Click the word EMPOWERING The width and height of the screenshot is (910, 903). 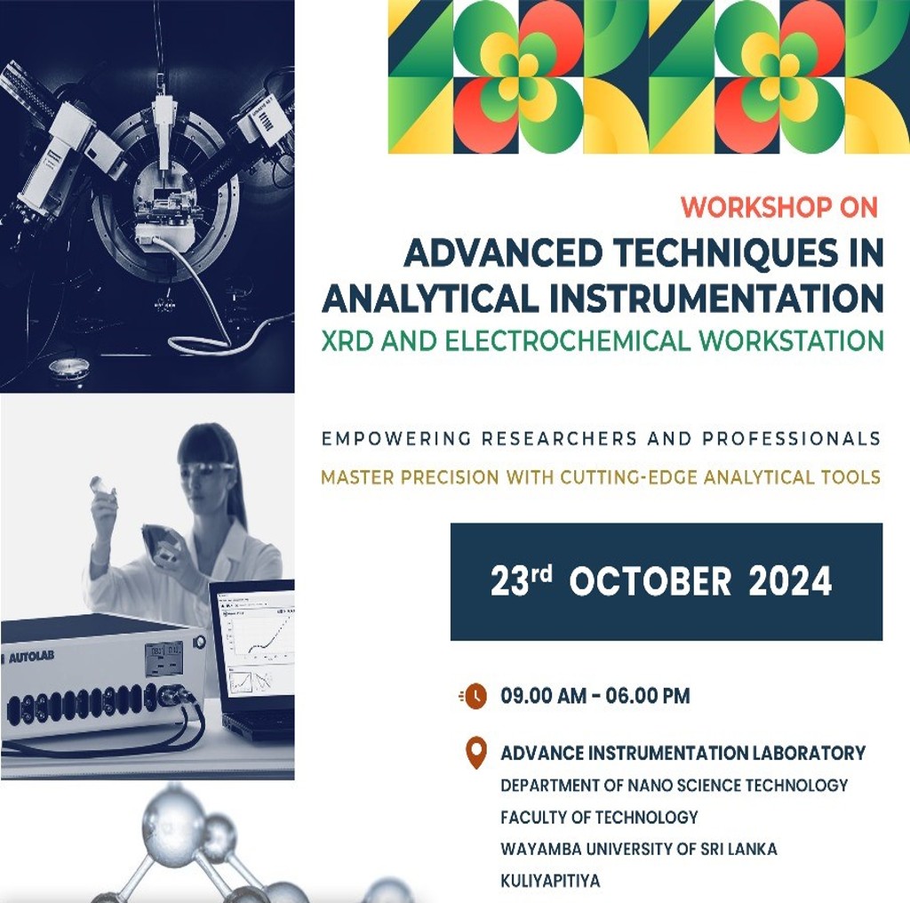point(395,439)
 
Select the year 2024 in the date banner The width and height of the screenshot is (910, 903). point(790,581)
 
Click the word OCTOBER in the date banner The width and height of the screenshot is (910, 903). point(650,581)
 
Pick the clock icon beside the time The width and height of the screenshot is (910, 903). point(474,696)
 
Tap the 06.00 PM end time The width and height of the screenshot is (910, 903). point(648,695)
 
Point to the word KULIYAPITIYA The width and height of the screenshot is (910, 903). point(550,881)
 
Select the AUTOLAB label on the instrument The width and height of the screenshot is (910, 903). point(31,657)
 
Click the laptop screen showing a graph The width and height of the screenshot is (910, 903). point(255,645)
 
